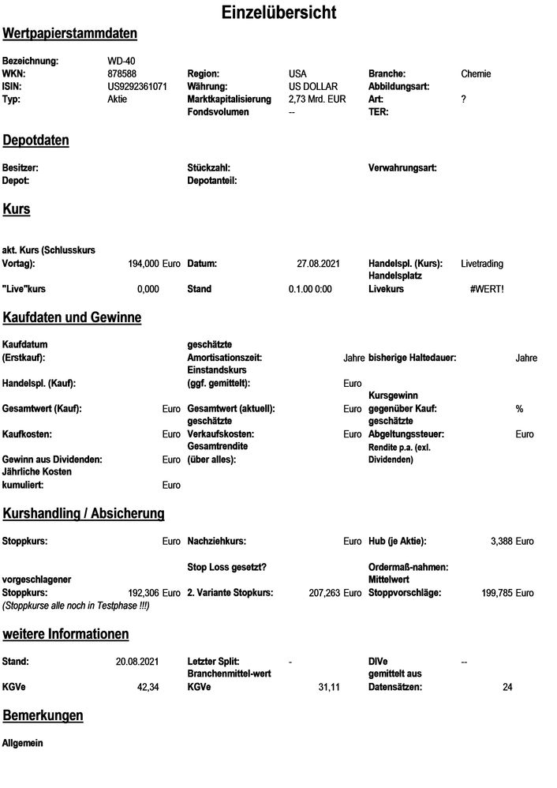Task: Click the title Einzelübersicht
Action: (x=278, y=13)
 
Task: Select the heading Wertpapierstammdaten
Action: (x=70, y=34)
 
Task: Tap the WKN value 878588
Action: (x=122, y=74)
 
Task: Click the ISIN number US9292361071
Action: (x=136, y=87)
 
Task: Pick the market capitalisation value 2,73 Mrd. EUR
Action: (x=317, y=99)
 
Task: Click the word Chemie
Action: (x=476, y=74)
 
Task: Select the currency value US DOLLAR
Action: (x=313, y=87)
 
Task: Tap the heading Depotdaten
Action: (x=36, y=141)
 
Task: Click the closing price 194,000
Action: (x=144, y=264)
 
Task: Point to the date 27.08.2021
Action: (x=318, y=264)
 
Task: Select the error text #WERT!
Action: (x=486, y=289)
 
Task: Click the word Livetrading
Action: (x=482, y=264)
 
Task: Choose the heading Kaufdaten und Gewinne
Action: (x=73, y=318)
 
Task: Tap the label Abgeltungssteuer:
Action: (x=407, y=434)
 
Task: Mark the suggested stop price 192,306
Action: (x=144, y=592)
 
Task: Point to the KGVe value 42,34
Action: (x=148, y=688)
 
